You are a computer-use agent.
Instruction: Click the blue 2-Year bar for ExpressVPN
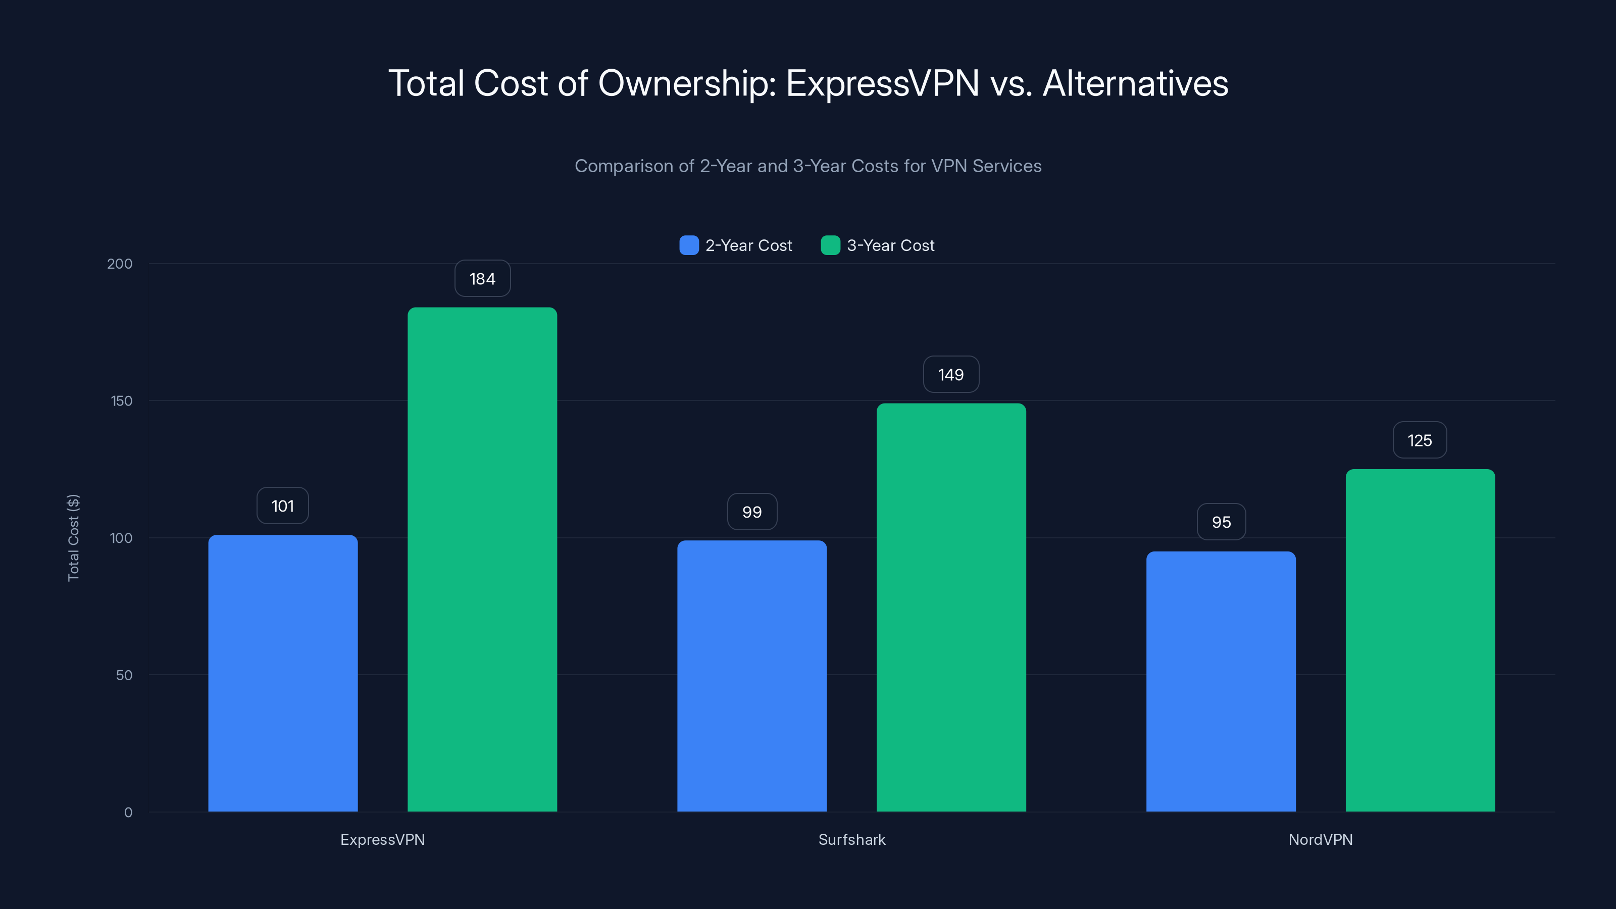click(x=283, y=673)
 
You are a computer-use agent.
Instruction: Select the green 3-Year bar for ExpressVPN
click(x=482, y=559)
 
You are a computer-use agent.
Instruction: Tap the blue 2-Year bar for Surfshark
click(x=751, y=676)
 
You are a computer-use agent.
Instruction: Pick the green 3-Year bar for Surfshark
click(x=951, y=607)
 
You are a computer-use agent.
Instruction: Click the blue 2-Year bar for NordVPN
click(x=1221, y=681)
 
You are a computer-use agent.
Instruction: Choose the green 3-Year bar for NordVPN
click(x=1420, y=640)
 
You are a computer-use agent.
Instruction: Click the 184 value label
click(x=482, y=279)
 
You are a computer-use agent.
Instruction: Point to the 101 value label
click(x=283, y=506)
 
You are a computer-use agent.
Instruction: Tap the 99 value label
click(x=751, y=512)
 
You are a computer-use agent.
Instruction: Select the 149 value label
click(x=951, y=375)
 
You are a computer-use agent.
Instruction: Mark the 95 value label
click(x=1221, y=522)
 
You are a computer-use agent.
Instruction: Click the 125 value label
click(x=1420, y=440)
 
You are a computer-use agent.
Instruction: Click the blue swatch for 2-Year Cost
click(x=689, y=245)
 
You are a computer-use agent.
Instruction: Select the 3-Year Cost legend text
click(x=890, y=245)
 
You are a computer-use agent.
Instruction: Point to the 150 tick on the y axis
click(x=122, y=401)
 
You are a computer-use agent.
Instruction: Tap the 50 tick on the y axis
click(x=124, y=675)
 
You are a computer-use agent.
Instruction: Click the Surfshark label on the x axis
click(x=852, y=839)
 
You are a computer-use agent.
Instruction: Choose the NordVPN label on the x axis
click(x=1321, y=839)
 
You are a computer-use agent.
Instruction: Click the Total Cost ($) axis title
click(x=73, y=538)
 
